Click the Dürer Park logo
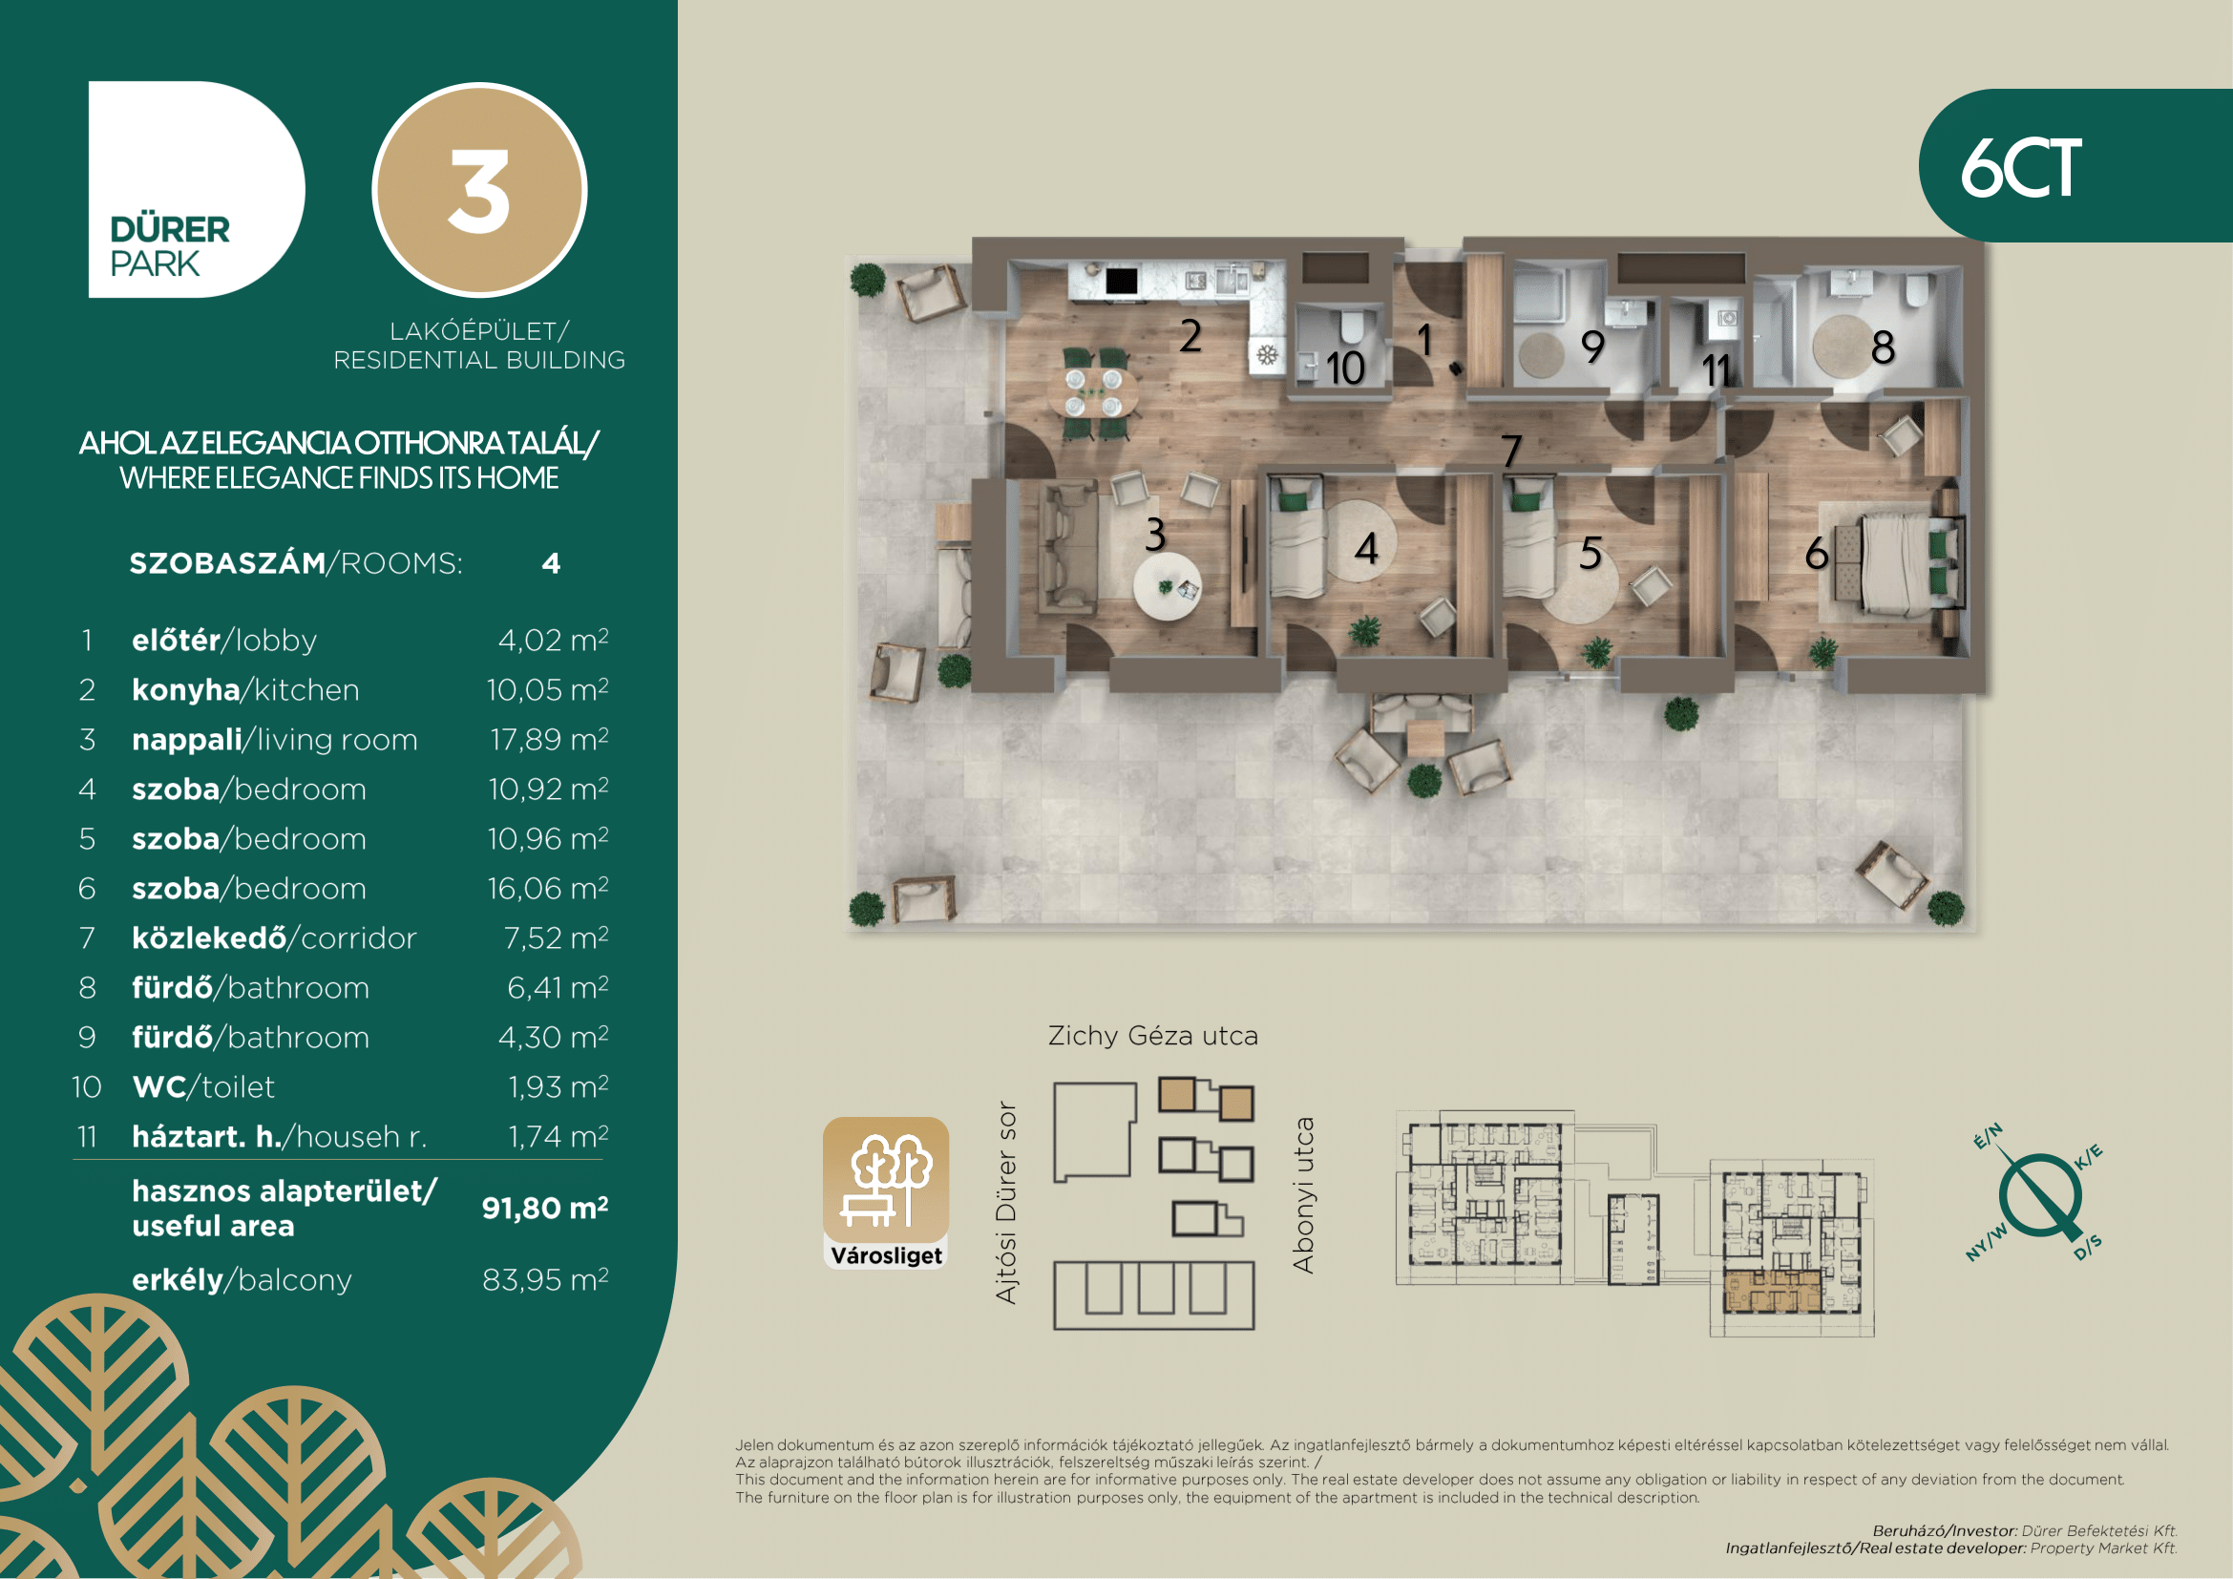[x=197, y=190]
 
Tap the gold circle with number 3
[x=479, y=190]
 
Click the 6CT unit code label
[x=2021, y=168]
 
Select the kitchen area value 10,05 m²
[x=548, y=689]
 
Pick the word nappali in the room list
[x=187, y=740]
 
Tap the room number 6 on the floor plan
[x=1816, y=554]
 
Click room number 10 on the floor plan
[x=1345, y=368]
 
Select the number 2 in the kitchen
[x=1190, y=336]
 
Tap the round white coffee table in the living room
[x=1167, y=586]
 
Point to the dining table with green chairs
[x=1093, y=392]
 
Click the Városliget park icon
[x=885, y=1193]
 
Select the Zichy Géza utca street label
[x=1152, y=1037]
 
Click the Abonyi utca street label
[x=1303, y=1195]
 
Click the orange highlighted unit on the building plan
[x=1771, y=1292]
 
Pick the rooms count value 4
[x=552, y=564]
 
